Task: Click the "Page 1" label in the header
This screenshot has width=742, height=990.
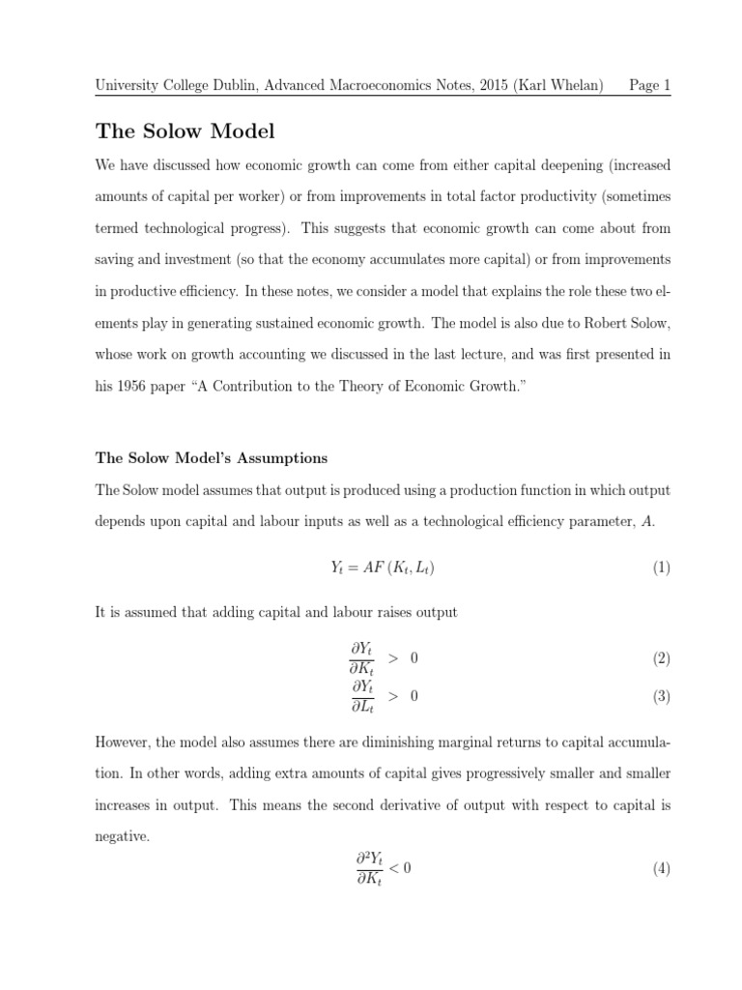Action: pyautogui.click(x=649, y=85)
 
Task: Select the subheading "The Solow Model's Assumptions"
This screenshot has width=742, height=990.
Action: pyautogui.click(x=212, y=457)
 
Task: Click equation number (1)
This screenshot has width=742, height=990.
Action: pyautogui.click(x=661, y=568)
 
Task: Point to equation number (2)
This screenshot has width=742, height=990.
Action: pyautogui.click(x=661, y=658)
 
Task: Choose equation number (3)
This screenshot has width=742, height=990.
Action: pyautogui.click(x=661, y=696)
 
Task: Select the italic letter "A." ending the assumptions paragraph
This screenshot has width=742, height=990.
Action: pyautogui.click(x=647, y=522)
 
